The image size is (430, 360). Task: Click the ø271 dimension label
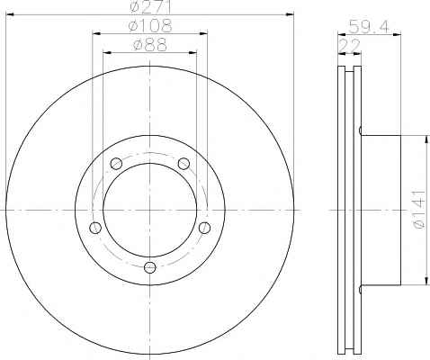click(x=150, y=7)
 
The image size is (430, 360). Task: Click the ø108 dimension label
click(x=150, y=26)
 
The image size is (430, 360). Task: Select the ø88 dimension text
click(x=150, y=45)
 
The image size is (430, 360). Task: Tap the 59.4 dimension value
click(x=370, y=27)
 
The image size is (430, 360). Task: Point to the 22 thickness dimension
click(x=349, y=46)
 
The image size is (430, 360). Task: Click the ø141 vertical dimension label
click(x=419, y=210)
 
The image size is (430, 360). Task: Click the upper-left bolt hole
click(x=116, y=164)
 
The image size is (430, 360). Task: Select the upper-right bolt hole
click(x=184, y=164)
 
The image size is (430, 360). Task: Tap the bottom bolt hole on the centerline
click(x=150, y=267)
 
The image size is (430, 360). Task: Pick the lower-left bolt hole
click(x=95, y=228)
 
